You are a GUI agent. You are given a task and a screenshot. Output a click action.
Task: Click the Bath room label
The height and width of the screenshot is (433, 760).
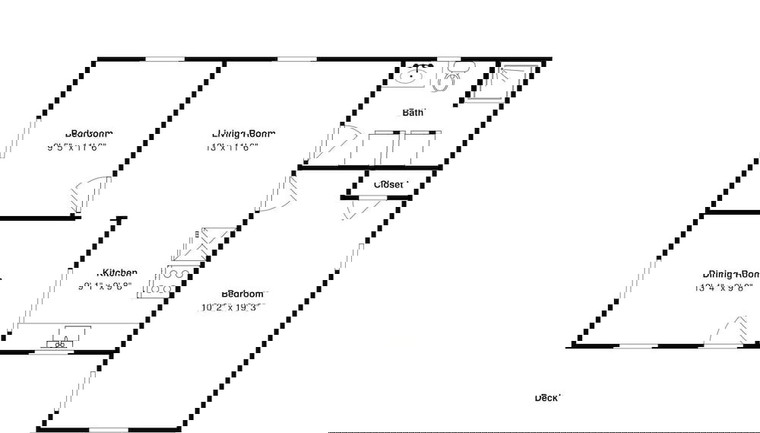413,113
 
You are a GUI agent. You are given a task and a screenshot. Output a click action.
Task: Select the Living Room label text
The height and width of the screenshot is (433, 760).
243,134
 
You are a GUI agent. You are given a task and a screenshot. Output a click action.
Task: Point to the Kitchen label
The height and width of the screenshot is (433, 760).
120,272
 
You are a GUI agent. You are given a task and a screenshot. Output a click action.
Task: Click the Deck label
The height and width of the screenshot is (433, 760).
547,397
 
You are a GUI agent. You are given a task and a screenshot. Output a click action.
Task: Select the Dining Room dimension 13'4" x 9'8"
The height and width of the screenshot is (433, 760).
724,288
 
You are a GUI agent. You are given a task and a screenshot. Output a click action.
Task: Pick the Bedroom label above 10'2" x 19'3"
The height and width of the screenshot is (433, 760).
243,294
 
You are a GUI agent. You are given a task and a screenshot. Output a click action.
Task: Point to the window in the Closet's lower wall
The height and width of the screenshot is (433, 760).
372,198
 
